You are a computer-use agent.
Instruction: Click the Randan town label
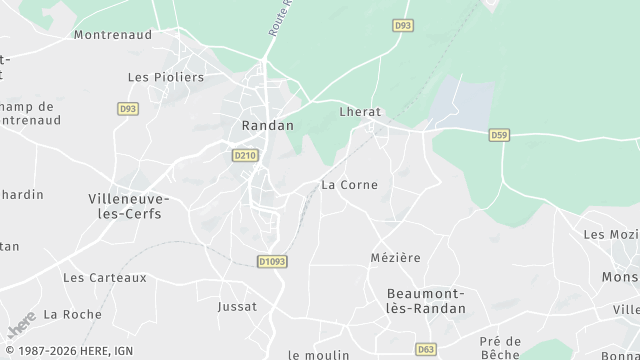pos(268,125)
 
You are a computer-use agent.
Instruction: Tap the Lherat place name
pos(360,113)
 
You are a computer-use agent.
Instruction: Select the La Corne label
pos(349,185)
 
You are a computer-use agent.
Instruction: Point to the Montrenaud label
pos(112,33)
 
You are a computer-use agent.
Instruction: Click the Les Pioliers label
pos(166,77)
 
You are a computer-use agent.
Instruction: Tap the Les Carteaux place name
pos(105,277)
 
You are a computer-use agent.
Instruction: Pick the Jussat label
pos(237,305)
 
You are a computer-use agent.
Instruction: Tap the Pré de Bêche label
pos(499,347)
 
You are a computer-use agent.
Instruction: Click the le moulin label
pos(318,354)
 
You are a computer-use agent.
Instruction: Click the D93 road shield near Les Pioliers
pos(127,108)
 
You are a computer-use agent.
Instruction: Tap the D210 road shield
pos(244,155)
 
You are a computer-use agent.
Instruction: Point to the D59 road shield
pos(500,133)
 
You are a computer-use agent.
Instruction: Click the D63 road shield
pos(426,349)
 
